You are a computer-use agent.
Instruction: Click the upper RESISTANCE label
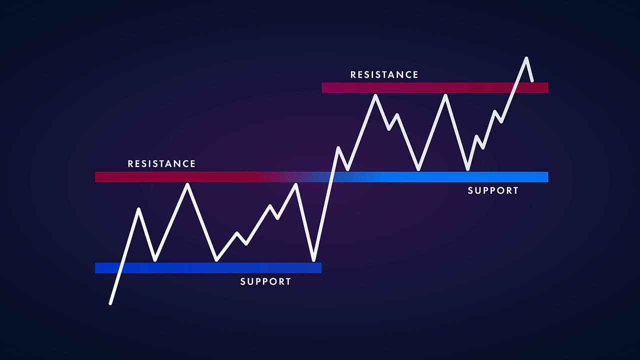pyautogui.click(x=384, y=75)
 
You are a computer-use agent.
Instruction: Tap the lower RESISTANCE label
pyautogui.click(x=161, y=164)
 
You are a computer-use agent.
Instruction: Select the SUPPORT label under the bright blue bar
pyautogui.click(x=493, y=190)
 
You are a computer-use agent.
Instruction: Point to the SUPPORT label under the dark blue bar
pyautogui.click(x=265, y=281)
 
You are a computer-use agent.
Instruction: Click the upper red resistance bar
pyautogui.click(x=435, y=88)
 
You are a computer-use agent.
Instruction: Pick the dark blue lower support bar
pyautogui.click(x=208, y=268)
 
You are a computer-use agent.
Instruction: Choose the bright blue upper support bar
pyautogui.click(x=440, y=177)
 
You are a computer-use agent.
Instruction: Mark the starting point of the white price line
pyautogui.click(x=110, y=303)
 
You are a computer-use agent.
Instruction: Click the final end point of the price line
pyautogui.click(x=532, y=80)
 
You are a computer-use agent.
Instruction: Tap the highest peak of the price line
pyautogui.click(x=526, y=58)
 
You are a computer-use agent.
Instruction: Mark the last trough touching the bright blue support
pyautogui.click(x=467, y=169)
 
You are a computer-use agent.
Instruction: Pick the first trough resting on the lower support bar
pyautogui.click(x=155, y=260)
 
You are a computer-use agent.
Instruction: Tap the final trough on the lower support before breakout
pyautogui.click(x=313, y=260)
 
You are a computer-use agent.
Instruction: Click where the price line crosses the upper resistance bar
pyautogui.click(x=514, y=88)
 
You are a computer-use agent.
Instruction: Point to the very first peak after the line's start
pyautogui.click(x=138, y=209)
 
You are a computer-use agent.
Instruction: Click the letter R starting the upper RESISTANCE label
pyautogui.click(x=353, y=75)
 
